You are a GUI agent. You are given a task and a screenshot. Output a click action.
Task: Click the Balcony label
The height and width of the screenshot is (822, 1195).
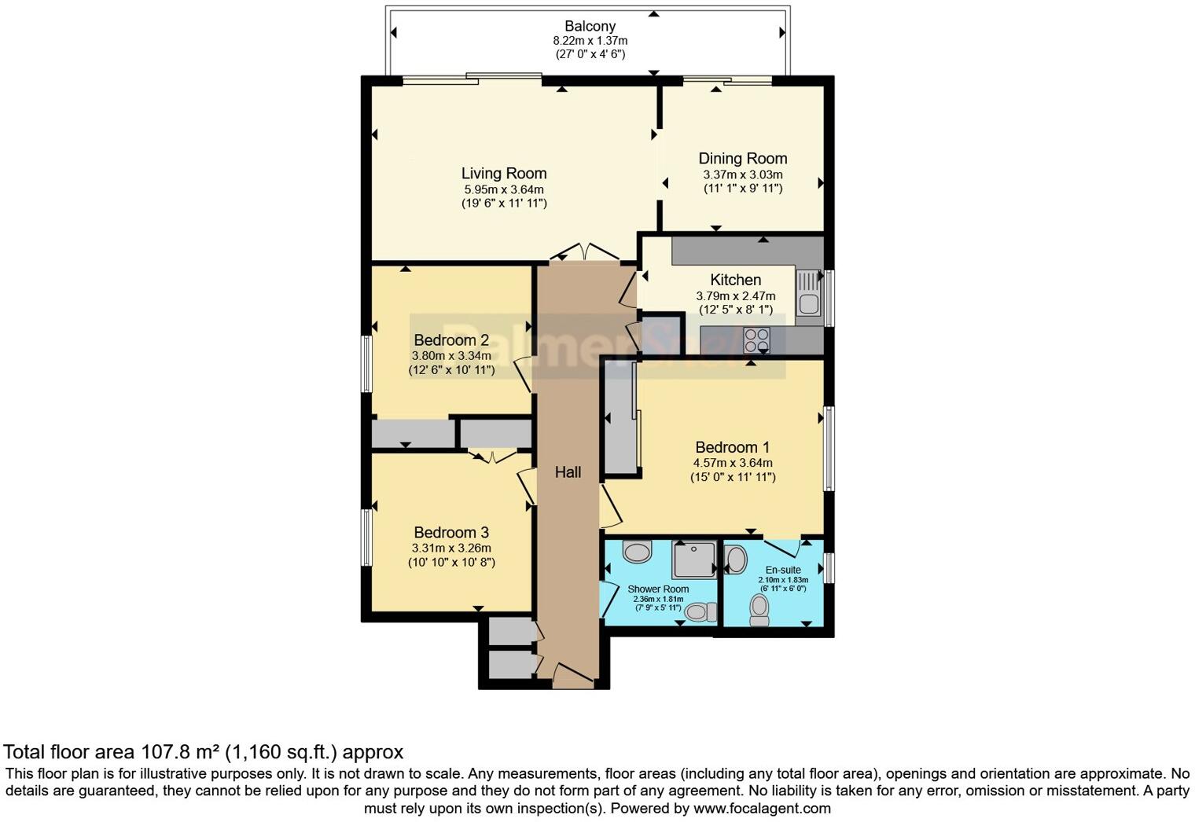point(590,26)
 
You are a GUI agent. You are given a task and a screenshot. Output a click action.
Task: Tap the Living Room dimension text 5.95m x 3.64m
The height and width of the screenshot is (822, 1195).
point(503,189)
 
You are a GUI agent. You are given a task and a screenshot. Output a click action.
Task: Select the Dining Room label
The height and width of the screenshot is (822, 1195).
point(742,158)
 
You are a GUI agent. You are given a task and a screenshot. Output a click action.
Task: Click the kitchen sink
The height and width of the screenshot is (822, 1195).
point(807,292)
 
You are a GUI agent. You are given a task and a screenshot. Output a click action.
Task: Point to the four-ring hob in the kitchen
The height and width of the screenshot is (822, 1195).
point(756,340)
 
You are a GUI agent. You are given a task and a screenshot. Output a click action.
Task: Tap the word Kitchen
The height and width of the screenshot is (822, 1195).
point(735,280)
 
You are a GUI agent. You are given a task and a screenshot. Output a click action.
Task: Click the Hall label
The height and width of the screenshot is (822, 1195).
point(568,472)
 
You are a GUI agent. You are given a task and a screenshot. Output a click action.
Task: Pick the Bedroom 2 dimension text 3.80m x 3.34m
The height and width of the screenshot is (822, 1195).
point(451,355)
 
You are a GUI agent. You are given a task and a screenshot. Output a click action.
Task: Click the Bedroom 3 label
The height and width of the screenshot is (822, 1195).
point(451,532)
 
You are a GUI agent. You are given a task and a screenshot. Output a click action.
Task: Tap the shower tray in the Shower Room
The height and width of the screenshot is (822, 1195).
point(695,560)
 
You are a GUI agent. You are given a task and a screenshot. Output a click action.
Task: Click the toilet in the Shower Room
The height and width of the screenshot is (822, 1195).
point(700,611)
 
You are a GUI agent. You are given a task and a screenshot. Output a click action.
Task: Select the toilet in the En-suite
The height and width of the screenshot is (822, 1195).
point(759,610)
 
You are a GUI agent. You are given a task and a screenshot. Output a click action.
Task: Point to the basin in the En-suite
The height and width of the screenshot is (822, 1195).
point(736,560)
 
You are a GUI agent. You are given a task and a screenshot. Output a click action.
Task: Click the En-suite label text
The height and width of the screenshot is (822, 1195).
point(783,570)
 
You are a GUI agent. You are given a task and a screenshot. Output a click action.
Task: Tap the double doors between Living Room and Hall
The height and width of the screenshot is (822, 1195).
point(584,251)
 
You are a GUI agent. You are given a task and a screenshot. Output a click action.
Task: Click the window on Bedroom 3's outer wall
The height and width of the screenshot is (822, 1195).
point(366,537)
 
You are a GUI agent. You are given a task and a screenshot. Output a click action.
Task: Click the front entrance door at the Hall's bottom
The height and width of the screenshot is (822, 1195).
point(572,673)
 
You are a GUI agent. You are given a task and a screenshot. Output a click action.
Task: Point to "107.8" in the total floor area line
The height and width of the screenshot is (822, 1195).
point(167,752)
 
